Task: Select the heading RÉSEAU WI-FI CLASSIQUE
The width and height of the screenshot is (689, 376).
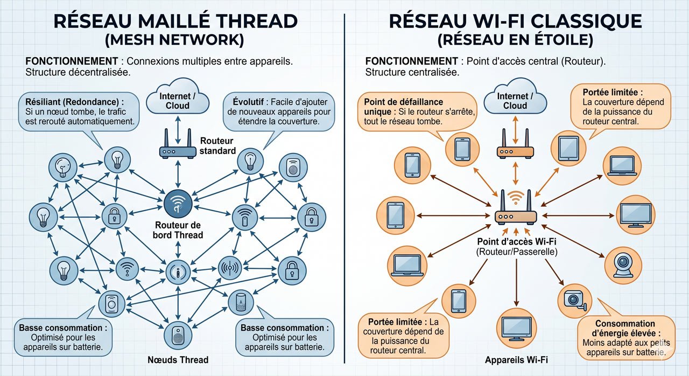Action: click(x=515, y=21)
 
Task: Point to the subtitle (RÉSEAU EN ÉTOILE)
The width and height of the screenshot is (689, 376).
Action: click(x=515, y=40)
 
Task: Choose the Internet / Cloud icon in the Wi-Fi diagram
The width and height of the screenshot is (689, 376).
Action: click(x=515, y=100)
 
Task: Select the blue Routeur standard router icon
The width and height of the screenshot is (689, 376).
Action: click(x=178, y=149)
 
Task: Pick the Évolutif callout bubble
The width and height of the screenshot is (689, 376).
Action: click(x=280, y=112)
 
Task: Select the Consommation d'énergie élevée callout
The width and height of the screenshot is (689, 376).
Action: click(x=624, y=337)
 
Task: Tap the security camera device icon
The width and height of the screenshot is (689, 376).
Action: click(x=573, y=299)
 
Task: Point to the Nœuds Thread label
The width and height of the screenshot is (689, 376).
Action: click(x=178, y=360)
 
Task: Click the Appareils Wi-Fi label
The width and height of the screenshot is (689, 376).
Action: click(x=516, y=360)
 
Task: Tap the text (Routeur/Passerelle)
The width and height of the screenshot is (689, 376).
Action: click(x=516, y=252)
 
